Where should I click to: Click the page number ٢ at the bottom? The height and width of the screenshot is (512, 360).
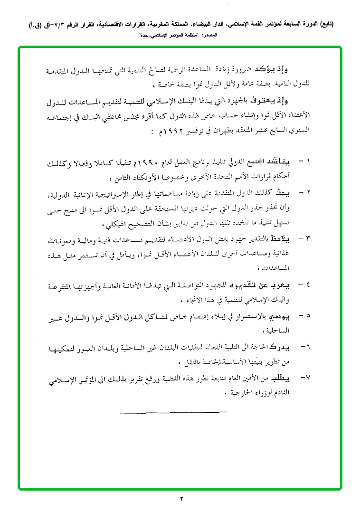181,498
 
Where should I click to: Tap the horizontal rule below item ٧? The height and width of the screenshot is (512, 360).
161,411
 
